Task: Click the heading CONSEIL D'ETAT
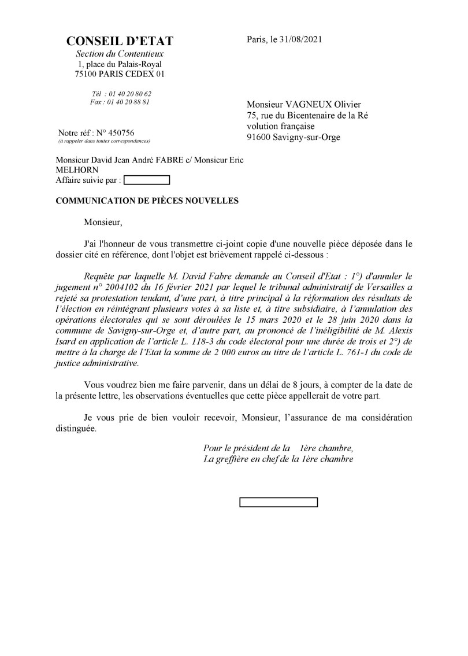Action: pos(120,41)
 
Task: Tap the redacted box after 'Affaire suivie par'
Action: pos(147,180)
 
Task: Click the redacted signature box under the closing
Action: pos(278,502)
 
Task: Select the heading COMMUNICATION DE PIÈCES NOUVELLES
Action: pos(146,200)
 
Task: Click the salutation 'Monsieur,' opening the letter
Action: pos(103,222)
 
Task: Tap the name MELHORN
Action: pos(77,169)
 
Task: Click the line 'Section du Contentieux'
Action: pos(120,54)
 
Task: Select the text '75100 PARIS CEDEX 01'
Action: pos(120,74)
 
